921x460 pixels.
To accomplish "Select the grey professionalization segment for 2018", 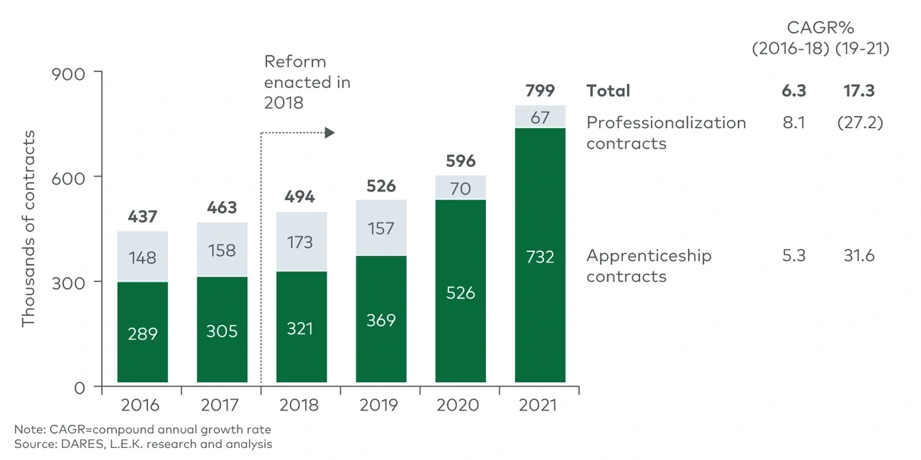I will tap(300, 241).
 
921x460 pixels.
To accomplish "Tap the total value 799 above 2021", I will tap(540, 91).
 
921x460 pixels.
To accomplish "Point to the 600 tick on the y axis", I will tap(68, 177).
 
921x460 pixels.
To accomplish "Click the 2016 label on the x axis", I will tap(140, 406).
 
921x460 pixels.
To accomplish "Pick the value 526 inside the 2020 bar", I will tap(460, 292).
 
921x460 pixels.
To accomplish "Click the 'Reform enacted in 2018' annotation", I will tap(307, 82).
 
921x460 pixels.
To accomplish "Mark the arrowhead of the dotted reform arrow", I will tap(329, 133).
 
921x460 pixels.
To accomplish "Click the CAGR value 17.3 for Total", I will tap(859, 91).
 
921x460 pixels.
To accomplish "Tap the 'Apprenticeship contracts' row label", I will tap(648, 265).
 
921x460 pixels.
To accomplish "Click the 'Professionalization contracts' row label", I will tap(666, 132).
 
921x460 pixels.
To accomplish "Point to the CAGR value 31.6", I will tap(859, 255).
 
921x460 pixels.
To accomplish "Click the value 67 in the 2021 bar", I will tap(540, 117).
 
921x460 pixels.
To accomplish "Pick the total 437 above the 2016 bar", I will tap(142, 217).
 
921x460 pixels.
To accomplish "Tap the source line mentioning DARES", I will tap(143, 444).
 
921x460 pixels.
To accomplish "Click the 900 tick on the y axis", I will tap(68, 73).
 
